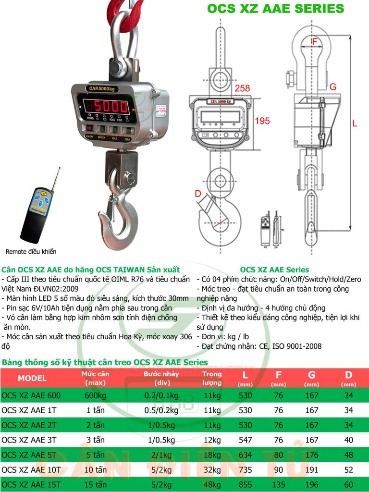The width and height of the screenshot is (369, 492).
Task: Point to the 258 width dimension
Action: point(242,88)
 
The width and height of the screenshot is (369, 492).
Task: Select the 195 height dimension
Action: point(262,121)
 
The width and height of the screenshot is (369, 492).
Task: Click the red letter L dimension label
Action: point(355,123)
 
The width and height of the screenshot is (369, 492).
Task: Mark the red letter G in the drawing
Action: point(332,86)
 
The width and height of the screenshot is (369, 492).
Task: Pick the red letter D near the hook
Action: point(197,194)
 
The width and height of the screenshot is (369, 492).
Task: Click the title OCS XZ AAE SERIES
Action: point(275,9)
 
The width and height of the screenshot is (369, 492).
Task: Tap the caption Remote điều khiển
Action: point(31,251)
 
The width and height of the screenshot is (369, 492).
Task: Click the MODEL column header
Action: point(32,378)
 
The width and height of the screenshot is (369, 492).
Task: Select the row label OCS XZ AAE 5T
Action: point(31,455)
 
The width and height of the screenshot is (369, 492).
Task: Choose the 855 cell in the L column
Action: point(246,484)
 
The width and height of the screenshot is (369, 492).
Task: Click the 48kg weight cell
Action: point(211,484)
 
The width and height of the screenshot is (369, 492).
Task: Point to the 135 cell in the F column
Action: point(278,484)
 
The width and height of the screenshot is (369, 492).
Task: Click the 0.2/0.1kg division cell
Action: point(161,395)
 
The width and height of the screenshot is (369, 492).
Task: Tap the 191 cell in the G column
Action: point(312,469)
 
